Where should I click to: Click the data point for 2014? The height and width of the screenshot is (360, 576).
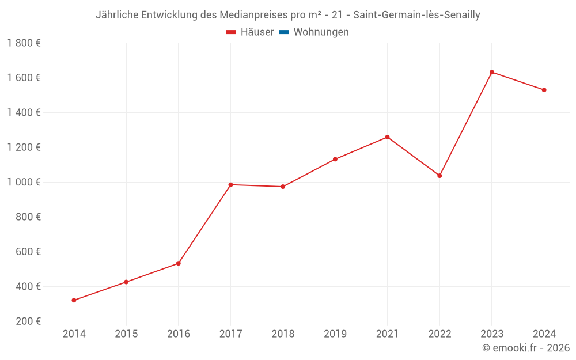coord(74,300)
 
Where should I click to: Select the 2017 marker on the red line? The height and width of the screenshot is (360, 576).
coord(230,185)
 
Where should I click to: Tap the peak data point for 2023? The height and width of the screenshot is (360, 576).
coord(492,72)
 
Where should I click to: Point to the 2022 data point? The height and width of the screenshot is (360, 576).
coord(439,176)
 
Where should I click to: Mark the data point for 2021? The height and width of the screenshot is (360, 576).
coord(387,137)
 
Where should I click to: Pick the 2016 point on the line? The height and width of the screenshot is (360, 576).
coord(179,263)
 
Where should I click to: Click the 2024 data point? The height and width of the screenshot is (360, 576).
coord(544,90)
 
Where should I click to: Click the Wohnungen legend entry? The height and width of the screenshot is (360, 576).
coord(321,32)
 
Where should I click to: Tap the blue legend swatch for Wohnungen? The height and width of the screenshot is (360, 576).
coord(284,32)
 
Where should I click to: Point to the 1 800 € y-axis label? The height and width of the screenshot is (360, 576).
coord(24,43)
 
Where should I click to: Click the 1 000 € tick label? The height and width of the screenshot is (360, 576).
coord(24,182)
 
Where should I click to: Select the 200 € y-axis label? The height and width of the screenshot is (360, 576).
coord(27,321)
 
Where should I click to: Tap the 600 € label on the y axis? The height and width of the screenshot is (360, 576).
coord(27,252)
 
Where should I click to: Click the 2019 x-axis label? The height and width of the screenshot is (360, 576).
coord(335,334)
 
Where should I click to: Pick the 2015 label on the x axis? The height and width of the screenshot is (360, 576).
coord(126,334)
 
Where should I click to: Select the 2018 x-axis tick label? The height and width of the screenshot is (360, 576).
coord(283,334)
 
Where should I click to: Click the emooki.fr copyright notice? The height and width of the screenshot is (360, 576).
coord(526,348)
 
